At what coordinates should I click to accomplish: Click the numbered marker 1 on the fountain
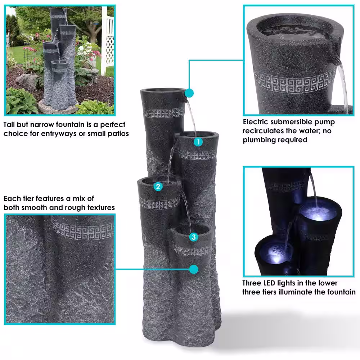[198, 142]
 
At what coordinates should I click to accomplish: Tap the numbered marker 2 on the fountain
[158, 186]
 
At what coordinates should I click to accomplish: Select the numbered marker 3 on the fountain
[194, 237]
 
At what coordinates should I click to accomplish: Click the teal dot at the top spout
[189, 93]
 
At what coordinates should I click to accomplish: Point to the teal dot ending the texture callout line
[194, 269]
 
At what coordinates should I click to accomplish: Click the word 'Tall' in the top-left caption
[10, 125]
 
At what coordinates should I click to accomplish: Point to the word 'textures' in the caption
[102, 208]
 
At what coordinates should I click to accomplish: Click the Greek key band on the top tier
[164, 113]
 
